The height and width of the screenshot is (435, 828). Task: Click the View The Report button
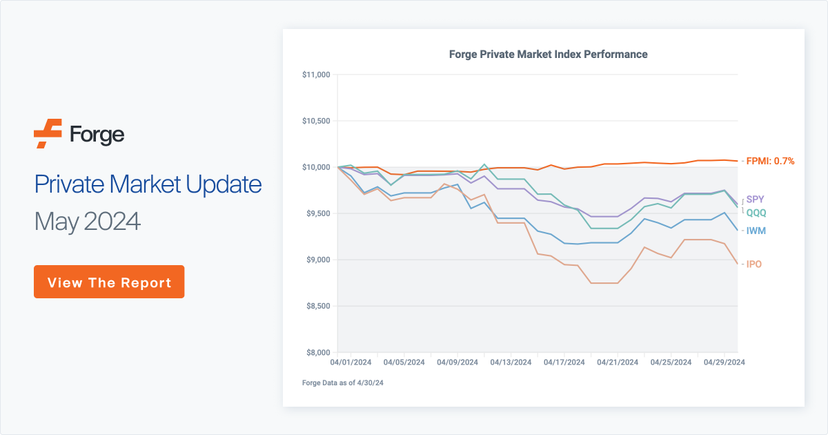point(109,282)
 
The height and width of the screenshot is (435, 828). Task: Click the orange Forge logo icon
point(48,134)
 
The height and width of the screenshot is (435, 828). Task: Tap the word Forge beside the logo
point(97,134)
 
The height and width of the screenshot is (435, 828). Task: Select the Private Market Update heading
point(148,184)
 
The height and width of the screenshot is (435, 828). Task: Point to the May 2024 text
point(88,221)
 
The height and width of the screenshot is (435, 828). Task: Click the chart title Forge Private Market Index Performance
point(548,54)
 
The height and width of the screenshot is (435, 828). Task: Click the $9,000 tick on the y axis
point(318,260)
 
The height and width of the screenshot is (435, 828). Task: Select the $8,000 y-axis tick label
point(318,352)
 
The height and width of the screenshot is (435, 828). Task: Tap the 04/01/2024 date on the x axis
point(351,362)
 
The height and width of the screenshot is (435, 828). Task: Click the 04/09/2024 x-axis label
point(457,362)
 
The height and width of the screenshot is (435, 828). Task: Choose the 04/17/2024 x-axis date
point(564,362)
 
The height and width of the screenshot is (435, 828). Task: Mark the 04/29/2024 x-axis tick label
point(724,362)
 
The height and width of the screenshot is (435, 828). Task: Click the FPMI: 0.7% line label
point(770,161)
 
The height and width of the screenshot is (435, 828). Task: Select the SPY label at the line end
point(756,200)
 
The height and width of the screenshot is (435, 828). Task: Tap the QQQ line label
point(756,213)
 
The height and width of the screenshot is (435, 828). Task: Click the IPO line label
point(754,264)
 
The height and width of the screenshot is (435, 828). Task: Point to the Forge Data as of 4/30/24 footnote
point(342,383)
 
